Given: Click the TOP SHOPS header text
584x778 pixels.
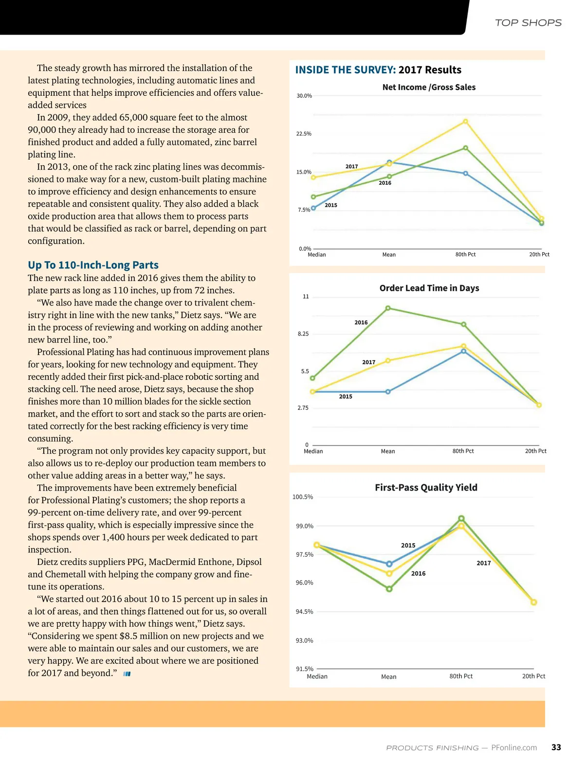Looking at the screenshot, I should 528,23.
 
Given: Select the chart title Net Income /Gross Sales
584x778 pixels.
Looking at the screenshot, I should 429,88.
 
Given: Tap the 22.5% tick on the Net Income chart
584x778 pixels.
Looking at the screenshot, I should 304,134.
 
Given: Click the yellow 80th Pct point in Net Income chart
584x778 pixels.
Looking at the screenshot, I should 466,122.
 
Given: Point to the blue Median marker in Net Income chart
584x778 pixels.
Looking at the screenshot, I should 313,208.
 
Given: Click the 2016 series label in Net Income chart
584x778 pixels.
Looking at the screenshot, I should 385,183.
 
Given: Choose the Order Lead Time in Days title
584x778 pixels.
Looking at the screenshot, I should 429,288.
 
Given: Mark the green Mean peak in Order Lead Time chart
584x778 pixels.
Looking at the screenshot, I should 388,308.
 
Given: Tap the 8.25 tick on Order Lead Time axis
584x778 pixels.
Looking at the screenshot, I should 303,334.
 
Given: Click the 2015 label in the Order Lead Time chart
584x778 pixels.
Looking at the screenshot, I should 346,397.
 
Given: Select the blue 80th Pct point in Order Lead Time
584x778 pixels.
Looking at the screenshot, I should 463,351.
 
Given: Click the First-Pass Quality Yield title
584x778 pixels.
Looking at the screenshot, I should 426,488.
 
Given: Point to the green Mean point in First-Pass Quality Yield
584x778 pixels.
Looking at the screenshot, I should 389,589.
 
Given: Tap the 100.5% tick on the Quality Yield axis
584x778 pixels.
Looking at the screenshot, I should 303,497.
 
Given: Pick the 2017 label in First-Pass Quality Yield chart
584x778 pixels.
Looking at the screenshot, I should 484,563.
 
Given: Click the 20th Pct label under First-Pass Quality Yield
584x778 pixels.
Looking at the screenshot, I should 533,676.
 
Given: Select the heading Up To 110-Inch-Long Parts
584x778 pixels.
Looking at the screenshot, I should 93,265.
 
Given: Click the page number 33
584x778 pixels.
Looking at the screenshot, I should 556,747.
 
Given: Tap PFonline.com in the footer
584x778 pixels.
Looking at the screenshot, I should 514,748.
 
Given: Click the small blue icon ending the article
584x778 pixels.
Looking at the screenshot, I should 127,674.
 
